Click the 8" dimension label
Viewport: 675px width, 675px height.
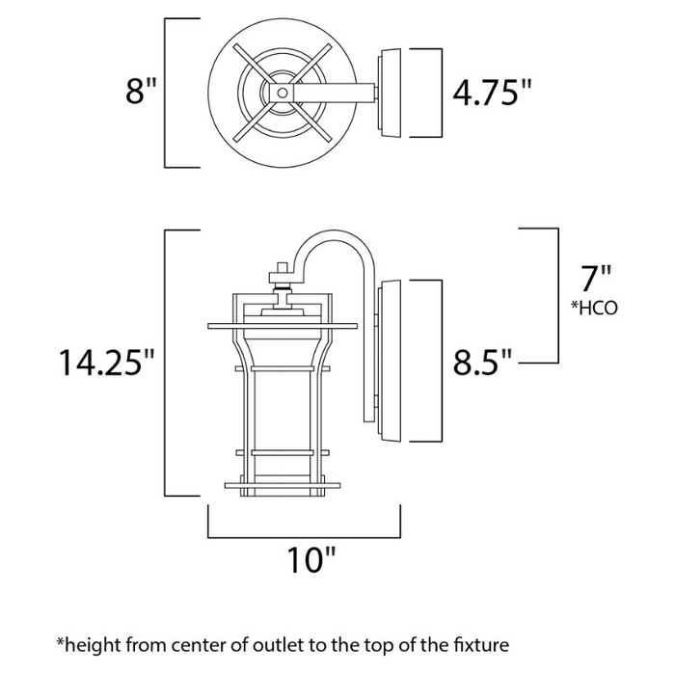point(140,92)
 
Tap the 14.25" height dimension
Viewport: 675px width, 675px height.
point(106,363)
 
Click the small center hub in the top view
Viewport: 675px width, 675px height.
point(281,93)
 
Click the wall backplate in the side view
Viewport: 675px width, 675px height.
point(393,362)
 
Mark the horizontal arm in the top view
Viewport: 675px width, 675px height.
point(333,93)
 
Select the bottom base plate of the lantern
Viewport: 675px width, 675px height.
point(281,485)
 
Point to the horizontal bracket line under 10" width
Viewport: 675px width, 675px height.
point(304,535)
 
